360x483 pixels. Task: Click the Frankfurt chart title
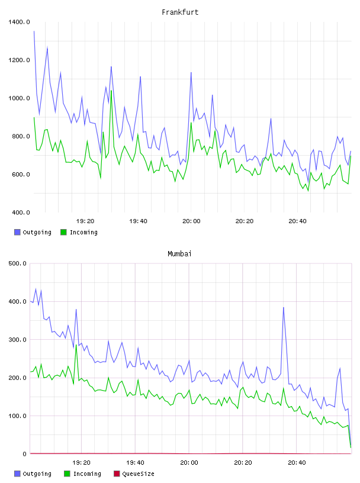(x=180, y=12)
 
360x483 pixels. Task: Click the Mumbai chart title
(x=179, y=254)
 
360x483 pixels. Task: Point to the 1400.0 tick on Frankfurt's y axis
(x=19, y=22)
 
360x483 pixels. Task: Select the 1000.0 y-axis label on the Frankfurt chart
(x=19, y=98)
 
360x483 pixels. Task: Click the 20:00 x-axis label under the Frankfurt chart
(x=191, y=221)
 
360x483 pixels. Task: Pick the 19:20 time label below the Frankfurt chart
(x=85, y=221)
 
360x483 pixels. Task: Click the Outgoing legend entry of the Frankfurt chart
(x=33, y=232)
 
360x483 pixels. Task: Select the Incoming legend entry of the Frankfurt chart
(x=79, y=232)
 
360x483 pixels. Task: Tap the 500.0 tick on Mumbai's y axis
(x=18, y=263)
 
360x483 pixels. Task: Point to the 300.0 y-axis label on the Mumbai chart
(x=18, y=340)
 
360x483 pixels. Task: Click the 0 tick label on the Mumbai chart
(x=25, y=454)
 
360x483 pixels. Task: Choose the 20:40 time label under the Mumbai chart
(x=297, y=463)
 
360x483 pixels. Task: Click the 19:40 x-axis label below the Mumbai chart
(x=136, y=463)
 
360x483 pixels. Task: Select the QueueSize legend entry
(x=134, y=474)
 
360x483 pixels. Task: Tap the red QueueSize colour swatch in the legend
(x=117, y=474)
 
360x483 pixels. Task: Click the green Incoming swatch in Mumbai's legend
(x=67, y=474)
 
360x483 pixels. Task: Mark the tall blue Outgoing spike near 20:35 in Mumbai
(x=284, y=307)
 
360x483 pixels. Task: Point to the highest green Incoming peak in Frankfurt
(x=111, y=91)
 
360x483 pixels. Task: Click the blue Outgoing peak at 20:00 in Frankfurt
(x=191, y=73)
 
